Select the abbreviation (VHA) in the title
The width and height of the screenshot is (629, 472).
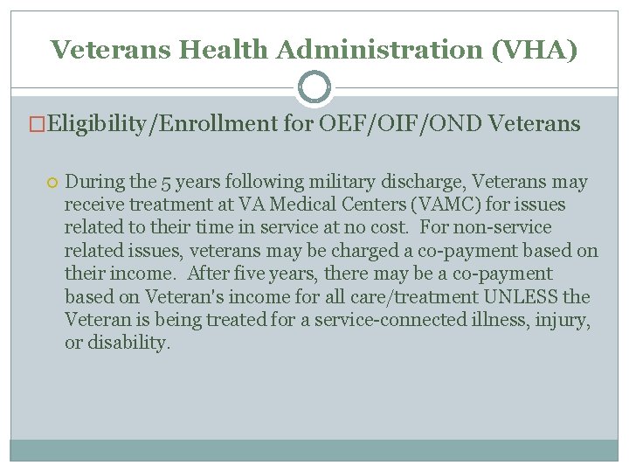pyautogui.click(x=535, y=50)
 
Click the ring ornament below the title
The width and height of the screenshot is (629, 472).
pyautogui.click(x=314, y=87)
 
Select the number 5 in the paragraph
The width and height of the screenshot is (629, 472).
pyautogui.click(x=166, y=183)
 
